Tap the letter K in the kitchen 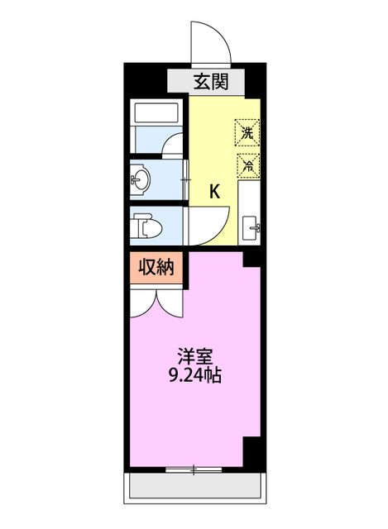213,192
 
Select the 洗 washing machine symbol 248,131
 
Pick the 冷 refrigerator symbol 248,164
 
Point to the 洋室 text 195,357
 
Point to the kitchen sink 251,226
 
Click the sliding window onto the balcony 194,469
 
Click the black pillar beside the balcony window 251,451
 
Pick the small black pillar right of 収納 249,258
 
